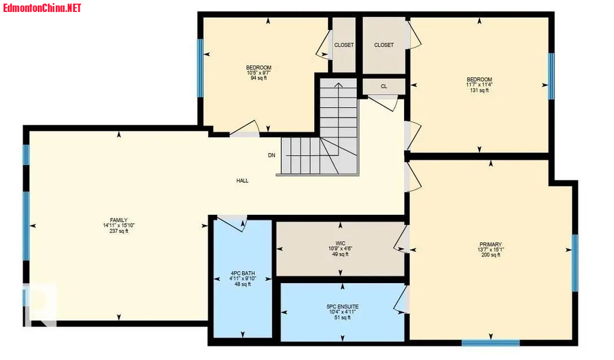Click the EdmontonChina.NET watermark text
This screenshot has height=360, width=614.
tap(42, 8)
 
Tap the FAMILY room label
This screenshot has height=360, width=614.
tap(119, 220)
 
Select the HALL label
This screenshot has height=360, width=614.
tap(242, 181)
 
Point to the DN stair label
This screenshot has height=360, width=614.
tap(272, 155)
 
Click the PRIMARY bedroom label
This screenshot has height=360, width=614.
tap(490, 244)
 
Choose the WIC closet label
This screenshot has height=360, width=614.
tap(341, 243)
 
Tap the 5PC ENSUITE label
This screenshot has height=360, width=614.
tap(342, 307)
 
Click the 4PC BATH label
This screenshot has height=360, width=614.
tap(243, 273)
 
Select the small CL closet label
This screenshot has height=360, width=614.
tap(384, 86)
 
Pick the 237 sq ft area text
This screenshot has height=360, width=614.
tap(119, 231)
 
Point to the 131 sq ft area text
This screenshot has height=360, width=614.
tap(479, 90)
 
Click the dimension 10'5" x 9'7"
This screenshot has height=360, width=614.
tap(258, 73)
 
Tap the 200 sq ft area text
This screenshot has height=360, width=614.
tap(490, 255)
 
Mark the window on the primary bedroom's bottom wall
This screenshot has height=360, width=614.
tap(490, 343)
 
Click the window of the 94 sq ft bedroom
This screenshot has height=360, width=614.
tap(200, 68)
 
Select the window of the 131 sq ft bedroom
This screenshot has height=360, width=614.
tap(551, 76)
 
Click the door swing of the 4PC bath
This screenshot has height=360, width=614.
tap(231, 223)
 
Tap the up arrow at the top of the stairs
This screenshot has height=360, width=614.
tap(338, 85)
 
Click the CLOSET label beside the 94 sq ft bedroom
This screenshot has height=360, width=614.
tap(344, 45)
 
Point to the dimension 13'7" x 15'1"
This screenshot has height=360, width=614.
tap(490, 250)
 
